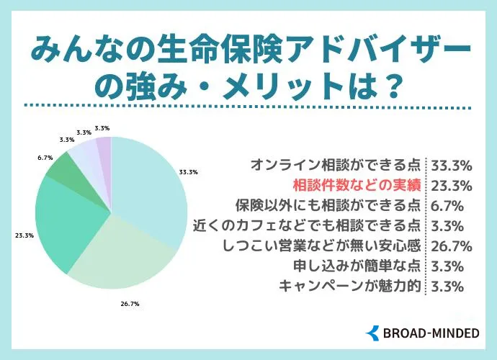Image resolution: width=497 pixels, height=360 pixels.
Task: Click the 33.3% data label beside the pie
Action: point(189,172)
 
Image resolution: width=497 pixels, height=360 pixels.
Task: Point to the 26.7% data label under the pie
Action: point(130,305)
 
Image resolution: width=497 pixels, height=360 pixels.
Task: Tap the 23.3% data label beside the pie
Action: point(24,235)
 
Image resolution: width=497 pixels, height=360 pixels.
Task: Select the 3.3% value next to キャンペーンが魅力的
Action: point(447,285)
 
